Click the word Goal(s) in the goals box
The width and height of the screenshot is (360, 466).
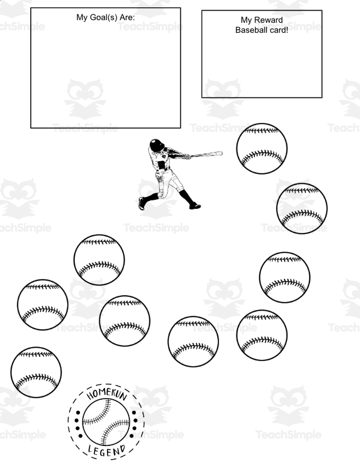[x=103, y=18]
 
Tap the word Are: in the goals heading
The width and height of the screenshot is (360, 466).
[x=127, y=17]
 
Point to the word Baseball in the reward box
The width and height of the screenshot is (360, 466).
[x=248, y=30]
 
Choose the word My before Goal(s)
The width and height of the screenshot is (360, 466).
[x=82, y=18]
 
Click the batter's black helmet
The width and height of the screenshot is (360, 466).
[x=157, y=145]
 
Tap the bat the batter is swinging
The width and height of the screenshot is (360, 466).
[x=207, y=154]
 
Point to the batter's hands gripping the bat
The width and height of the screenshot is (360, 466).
[x=187, y=156]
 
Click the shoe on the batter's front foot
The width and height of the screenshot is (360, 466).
[x=195, y=206]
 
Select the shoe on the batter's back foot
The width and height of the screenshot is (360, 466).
[x=142, y=204]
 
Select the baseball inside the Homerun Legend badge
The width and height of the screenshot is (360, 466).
[x=106, y=422]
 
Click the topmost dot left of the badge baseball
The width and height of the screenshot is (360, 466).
[x=78, y=412]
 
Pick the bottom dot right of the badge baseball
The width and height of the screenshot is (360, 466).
[x=134, y=436]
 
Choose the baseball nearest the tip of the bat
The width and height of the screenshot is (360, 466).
[x=262, y=149]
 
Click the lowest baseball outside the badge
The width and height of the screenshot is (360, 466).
[x=36, y=372]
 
